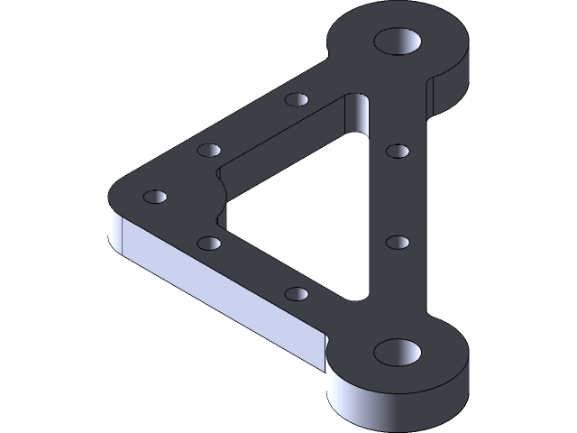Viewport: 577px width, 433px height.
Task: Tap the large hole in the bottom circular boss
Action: (397, 352)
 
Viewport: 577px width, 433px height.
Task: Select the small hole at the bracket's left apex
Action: (155, 196)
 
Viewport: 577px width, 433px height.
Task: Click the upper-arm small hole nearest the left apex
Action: (208, 150)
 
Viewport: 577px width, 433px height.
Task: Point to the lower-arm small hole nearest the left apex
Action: (208, 243)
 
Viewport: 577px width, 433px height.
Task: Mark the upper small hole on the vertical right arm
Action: (397, 150)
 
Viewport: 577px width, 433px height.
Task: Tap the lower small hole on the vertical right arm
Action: (397, 242)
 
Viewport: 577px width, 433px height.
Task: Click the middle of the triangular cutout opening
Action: (298, 198)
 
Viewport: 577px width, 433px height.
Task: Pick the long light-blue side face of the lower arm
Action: (216, 289)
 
